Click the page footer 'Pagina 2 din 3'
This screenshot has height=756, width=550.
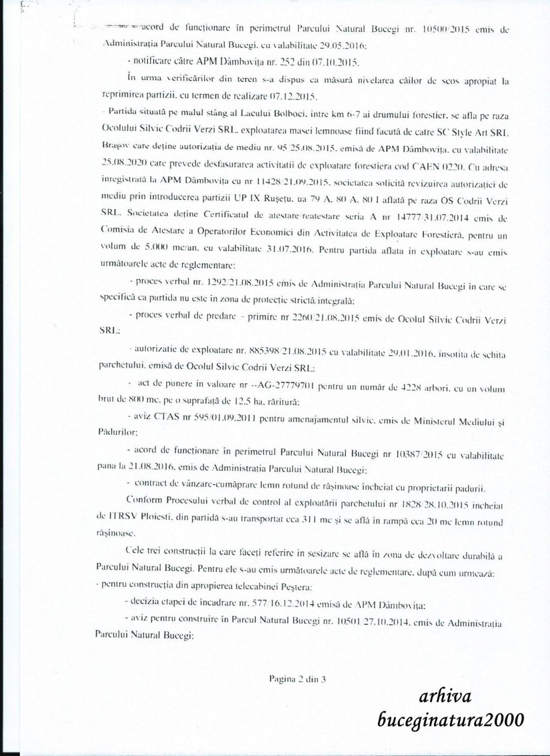point(298,679)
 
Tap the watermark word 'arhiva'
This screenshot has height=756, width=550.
point(445,697)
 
